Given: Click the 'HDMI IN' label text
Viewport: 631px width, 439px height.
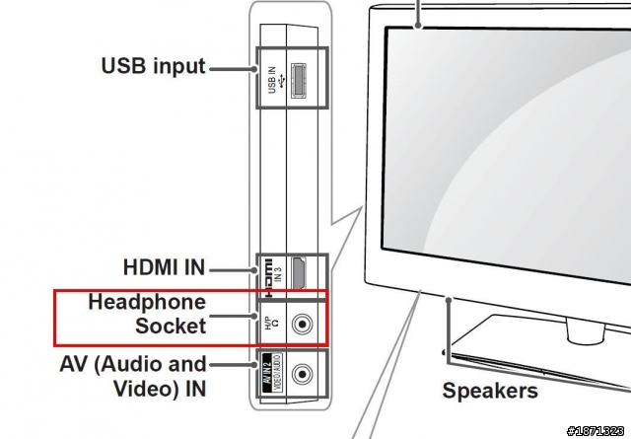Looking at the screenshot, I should click(164, 266).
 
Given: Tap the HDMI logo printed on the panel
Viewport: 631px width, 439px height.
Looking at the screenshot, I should click(266, 277).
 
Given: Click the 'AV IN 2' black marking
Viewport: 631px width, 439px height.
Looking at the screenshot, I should click(265, 374).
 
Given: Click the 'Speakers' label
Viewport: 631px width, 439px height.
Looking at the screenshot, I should click(490, 390).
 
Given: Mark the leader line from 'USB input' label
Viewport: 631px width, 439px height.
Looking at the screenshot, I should click(232, 69).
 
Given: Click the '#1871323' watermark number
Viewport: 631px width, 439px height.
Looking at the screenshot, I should click(598, 428).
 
